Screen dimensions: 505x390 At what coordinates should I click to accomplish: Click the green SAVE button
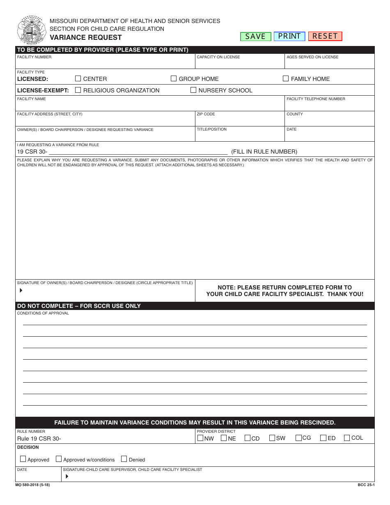(x=255, y=37)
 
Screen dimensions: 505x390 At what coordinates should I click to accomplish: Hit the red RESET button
(x=325, y=36)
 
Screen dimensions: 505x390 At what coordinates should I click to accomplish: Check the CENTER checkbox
(x=78, y=78)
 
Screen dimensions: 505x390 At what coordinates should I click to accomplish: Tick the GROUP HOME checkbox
(x=174, y=78)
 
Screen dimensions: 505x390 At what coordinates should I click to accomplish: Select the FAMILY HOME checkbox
(x=286, y=78)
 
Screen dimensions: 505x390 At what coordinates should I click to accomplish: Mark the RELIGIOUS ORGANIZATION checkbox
(x=78, y=90)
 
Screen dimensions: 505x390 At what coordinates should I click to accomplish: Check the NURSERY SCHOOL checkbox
(x=193, y=90)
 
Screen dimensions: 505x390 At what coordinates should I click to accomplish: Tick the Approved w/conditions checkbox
(x=59, y=459)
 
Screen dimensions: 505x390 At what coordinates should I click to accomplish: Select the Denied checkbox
(x=124, y=459)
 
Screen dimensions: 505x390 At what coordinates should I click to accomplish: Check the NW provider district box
(x=200, y=438)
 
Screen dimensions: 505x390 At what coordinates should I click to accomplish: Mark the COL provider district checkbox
(x=347, y=438)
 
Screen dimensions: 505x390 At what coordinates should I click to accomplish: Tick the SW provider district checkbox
(x=272, y=438)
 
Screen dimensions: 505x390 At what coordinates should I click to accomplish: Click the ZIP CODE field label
(x=206, y=114)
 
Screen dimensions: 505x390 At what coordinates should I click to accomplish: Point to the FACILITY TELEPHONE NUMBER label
(x=316, y=99)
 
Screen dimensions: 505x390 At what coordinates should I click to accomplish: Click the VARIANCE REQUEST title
(x=86, y=37)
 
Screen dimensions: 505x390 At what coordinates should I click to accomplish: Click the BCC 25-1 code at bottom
(x=366, y=485)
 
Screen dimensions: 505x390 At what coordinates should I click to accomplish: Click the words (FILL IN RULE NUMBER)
(x=264, y=151)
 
